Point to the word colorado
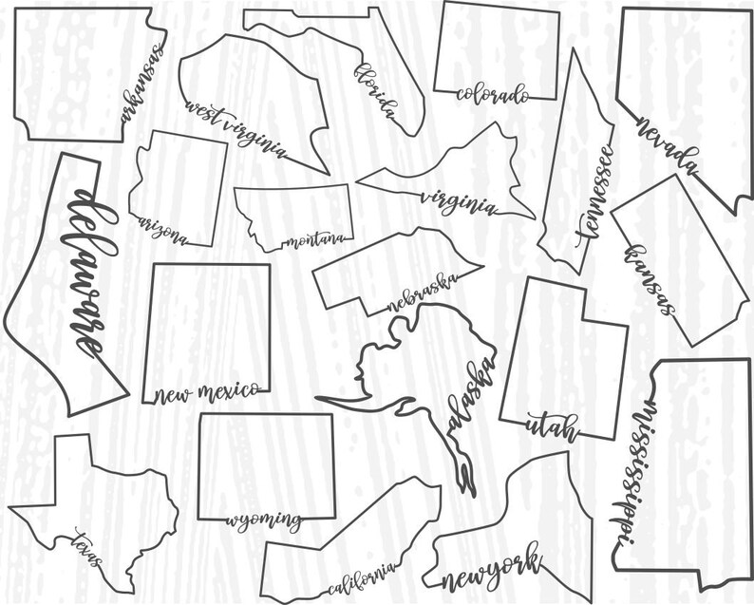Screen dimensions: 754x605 pyautogui.click(x=492, y=94)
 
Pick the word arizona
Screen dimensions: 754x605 pyautogui.click(x=163, y=229)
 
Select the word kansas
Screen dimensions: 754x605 pyautogui.click(x=650, y=279)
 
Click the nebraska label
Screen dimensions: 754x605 pyautogui.click(x=423, y=293)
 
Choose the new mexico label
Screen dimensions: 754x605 pyautogui.click(x=206, y=392)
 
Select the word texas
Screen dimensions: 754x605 pyautogui.click(x=87, y=549)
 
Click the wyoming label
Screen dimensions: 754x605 pyautogui.click(x=265, y=520)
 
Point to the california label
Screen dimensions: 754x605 pyautogui.click(x=361, y=577)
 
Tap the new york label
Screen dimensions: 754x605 pyautogui.click(x=492, y=567)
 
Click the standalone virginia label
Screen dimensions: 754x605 pyautogui.click(x=458, y=202)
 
